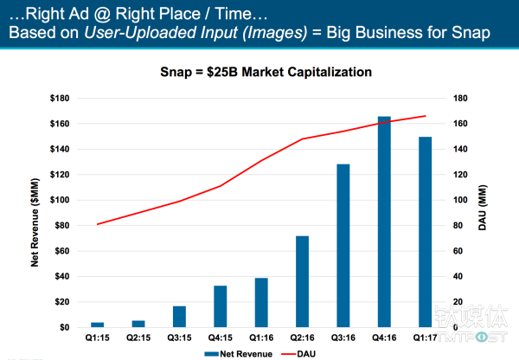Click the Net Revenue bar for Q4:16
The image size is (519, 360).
pyautogui.click(x=384, y=222)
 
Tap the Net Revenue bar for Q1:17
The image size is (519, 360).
pyautogui.click(x=426, y=232)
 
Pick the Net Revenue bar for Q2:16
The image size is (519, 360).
pyautogui.click(x=302, y=281)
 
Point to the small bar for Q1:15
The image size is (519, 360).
pyautogui.click(x=97, y=325)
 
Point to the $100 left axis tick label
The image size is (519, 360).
pyautogui.click(x=58, y=200)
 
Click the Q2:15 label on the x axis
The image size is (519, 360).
pyautogui.click(x=138, y=338)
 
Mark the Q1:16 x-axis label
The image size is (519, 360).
pyautogui.click(x=261, y=338)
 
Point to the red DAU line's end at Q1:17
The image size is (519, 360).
pyautogui.click(x=426, y=116)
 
